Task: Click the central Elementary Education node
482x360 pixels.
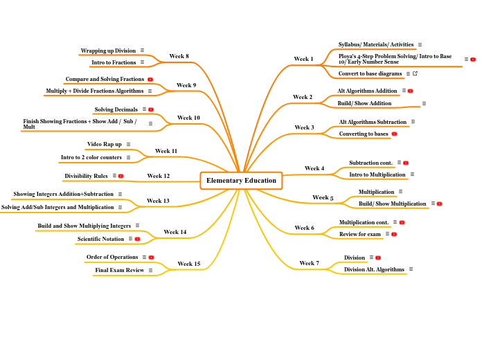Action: coord(241,181)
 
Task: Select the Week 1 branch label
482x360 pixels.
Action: coord(303,59)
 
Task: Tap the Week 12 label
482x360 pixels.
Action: coord(159,176)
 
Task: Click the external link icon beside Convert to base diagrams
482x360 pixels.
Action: coord(415,73)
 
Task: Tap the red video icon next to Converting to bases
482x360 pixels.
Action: coord(394,134)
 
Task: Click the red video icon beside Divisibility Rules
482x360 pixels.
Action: coord(120,176)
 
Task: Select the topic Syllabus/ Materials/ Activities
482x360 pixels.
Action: coord(376,44)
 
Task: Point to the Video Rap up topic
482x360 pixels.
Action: coord(105,144)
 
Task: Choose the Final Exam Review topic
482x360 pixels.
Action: coord(120,270)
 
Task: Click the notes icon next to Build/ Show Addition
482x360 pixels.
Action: coord(424,104)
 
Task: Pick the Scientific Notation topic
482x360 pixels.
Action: coord(101,239)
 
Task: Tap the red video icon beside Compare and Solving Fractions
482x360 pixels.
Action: coord(150,80)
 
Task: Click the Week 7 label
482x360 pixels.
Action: coord(310,263)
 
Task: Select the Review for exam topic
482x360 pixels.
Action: coord(360,234)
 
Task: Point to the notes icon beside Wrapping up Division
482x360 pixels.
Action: coord(142,50)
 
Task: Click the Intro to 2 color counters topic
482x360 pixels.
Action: coord(91,157)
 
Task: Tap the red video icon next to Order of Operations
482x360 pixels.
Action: coord(151,258)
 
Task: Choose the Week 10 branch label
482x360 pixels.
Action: coord(188,118)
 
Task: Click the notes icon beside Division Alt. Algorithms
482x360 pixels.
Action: coord(411,269)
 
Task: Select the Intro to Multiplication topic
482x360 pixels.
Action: coord(377,174)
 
